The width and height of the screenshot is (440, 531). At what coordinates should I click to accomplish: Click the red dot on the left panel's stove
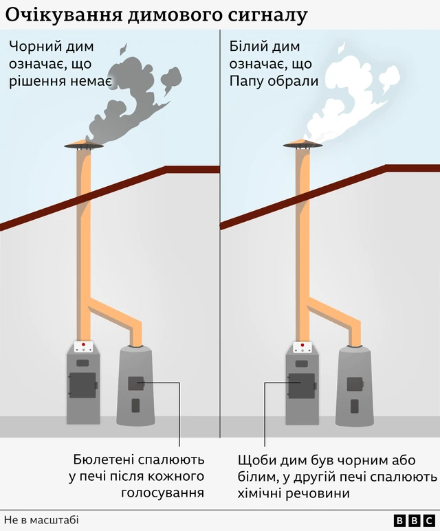(x=83, y=344)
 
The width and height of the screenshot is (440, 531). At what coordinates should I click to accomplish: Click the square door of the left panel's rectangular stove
(x=82, y=385)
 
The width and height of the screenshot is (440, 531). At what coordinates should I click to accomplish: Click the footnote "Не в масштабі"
(x=42, y=520)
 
